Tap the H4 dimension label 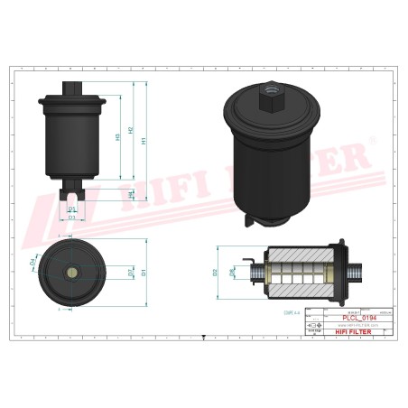pyautogui.click(x=131, y=193)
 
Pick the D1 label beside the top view pyautogui.click(x=144, y=272)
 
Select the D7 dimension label pyautogui.click(x=131, y=272)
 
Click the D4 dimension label pyautogui.click(x=32, y=261)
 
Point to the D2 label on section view pyautogui.click(x=215, y=272)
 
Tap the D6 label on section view pyautogui.click(x=232, y=270)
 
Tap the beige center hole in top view pyautogui.click(x=72, y=272)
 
